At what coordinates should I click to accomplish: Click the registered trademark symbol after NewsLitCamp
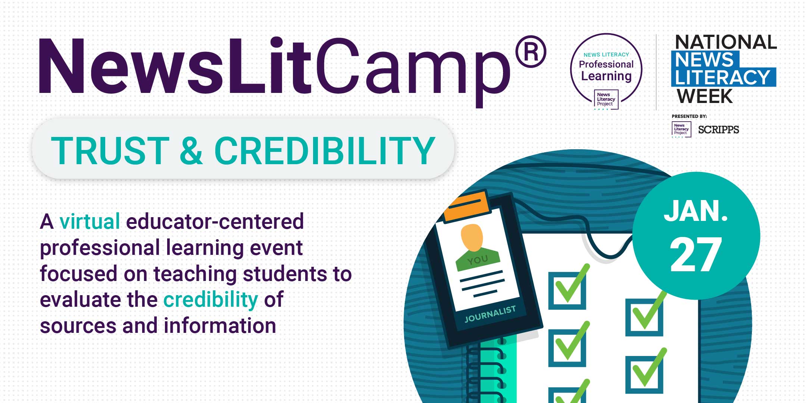pos(531,51)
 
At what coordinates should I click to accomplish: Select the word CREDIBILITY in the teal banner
pos(325,150)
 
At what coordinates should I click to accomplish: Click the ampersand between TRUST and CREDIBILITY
pos(191,150)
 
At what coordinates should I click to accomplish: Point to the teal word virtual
pos(90,221)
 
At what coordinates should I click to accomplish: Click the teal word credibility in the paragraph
pos(211,300)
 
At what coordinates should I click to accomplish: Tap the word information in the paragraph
pos(220,325)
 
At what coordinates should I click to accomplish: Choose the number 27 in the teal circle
pos(696,255)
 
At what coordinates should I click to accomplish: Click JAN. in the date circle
pos(696,211)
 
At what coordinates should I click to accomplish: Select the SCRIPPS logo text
pos(718,130)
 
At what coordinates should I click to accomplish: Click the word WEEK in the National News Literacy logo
pos(705,96)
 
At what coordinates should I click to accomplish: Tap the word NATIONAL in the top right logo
pos(726,42)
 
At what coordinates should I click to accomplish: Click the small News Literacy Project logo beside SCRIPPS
pos(681,129)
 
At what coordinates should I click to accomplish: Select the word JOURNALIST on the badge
pos(490,314)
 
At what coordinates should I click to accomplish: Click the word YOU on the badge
pos(478,260)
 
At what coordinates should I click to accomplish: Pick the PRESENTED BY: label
pos(689,116)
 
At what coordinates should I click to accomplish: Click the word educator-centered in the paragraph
pos(215,221)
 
